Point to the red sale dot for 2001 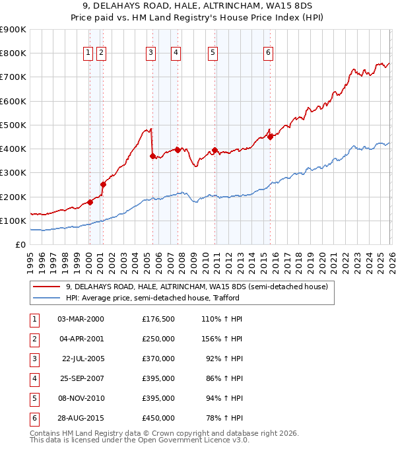coord(103,185)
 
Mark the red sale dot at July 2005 coord(152,156)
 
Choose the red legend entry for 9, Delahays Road coord(191,287)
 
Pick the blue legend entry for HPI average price coord(152,298)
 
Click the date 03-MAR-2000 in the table coord(81,318)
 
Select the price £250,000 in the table coord(158,338)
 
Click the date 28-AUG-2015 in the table coord(81,418)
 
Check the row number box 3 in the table coord(34,358)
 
